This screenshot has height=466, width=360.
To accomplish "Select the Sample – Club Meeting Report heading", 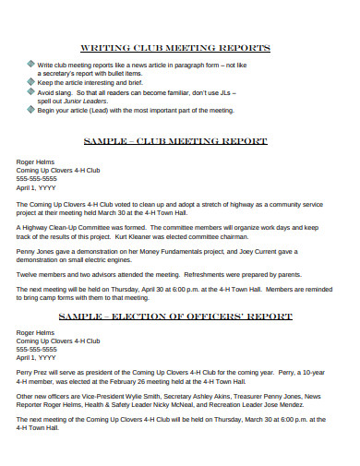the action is [175, 141].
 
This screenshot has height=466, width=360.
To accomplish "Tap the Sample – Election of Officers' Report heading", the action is [175, 317].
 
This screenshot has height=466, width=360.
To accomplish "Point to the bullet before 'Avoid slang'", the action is [30, 92].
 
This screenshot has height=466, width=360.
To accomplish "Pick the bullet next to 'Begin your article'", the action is [30, 110].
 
